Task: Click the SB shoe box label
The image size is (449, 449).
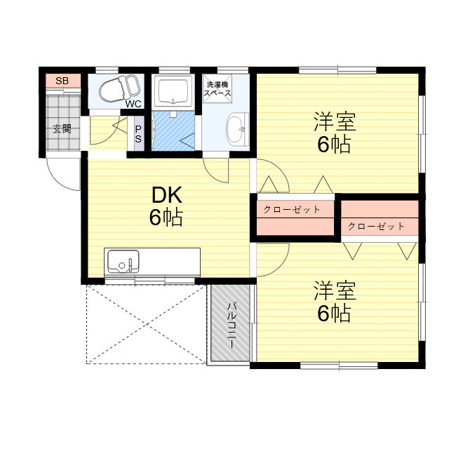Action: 62,81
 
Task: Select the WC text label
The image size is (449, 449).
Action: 133,104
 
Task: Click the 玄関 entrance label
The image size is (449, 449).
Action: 62,128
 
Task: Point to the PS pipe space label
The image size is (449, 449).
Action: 138,134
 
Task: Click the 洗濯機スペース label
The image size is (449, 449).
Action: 217,88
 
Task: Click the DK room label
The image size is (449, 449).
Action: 166,194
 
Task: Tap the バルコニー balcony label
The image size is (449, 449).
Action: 231,323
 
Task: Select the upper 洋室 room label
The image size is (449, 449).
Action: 334,122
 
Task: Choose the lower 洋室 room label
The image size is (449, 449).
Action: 334,290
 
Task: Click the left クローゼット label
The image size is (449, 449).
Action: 292,209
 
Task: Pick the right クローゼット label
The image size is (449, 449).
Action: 376,226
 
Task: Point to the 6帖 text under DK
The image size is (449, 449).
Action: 166,217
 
